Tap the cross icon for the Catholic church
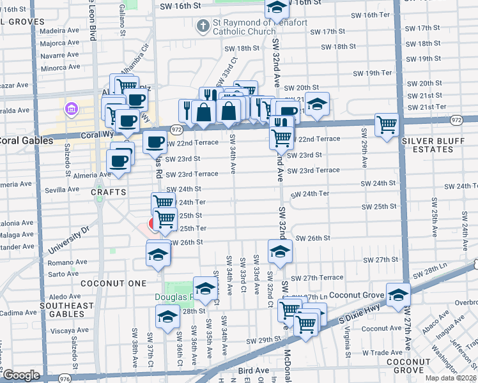203,26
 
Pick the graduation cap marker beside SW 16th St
277,8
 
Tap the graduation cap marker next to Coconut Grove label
397,295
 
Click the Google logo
21,375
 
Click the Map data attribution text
451,378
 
